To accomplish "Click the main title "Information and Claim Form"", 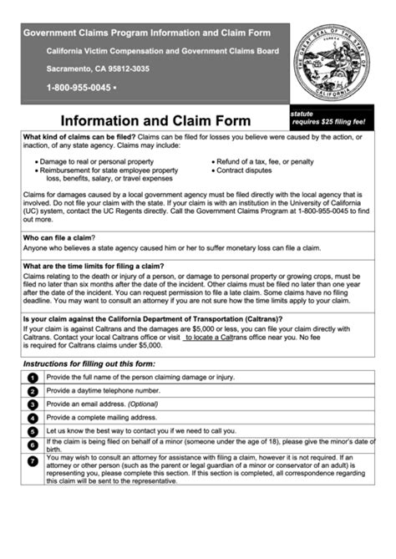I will (145, 119).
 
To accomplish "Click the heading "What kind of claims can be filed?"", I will (78, 135).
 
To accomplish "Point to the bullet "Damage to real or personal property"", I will (96, 161).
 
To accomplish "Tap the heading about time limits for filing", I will (93, 266).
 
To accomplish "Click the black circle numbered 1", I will (33, 378).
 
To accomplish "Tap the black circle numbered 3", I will (33, 404).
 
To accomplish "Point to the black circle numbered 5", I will (33, 431).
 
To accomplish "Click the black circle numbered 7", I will (33, 460).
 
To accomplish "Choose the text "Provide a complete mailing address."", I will (101, 417).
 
